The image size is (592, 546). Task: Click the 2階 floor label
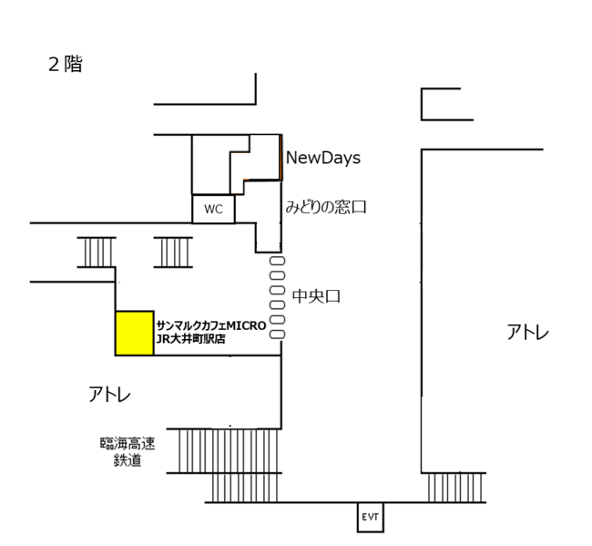[x=65, y=65]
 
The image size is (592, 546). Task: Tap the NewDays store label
[x=323, y=158]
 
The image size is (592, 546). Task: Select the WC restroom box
[x=213, y=209]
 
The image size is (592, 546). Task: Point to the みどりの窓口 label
[x=326, y=208]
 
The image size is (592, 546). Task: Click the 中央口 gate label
[x=316, y=296]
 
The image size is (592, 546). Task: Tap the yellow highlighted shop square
[x=134, y=333]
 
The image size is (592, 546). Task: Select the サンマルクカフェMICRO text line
[x=210, y=325]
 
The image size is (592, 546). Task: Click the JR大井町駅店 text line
[x=191, y=339]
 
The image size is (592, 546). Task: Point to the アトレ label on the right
[x=528, y=333]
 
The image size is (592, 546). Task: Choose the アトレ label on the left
[x=110, y=395]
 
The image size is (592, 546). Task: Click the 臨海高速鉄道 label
[x=128, y=452]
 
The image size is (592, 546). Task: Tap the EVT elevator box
[x=370, y=517]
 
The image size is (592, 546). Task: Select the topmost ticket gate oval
[x=278, y=261]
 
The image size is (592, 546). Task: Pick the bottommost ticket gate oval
[x=278, y=335]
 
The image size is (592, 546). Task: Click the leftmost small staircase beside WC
[x=97, y=252]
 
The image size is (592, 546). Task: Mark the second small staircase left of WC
[x=172, y=252]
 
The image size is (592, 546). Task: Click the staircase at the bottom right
[x=456, y=488]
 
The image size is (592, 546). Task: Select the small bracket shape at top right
[x=446, y=104]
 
